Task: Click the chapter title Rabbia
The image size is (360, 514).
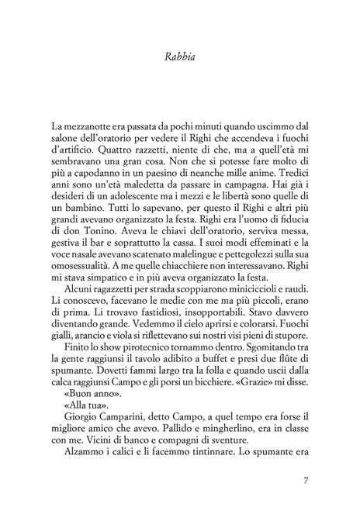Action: pos(179,55)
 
